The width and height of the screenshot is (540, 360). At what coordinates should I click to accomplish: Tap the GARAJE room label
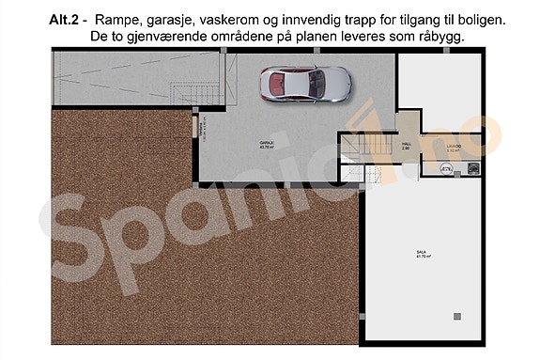click(268, 143)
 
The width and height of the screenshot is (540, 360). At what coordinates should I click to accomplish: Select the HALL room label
click(406, 144)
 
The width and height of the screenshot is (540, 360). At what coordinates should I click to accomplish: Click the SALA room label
click(422, 251)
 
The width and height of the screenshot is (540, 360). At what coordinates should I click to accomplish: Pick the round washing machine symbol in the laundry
click(445, 169)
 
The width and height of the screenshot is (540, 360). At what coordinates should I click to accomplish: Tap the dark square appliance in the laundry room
click(475, 168)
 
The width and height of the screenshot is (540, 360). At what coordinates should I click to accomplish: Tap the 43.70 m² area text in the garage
click(268, 149)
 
